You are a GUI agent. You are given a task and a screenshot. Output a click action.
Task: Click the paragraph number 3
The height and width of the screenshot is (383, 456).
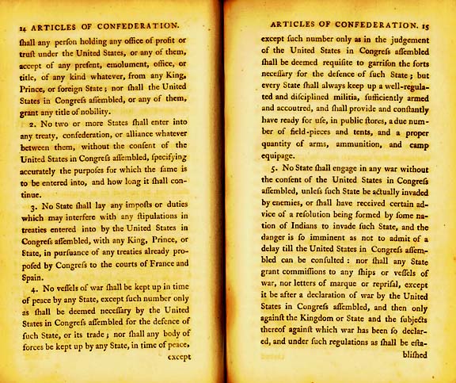(32, 205)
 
